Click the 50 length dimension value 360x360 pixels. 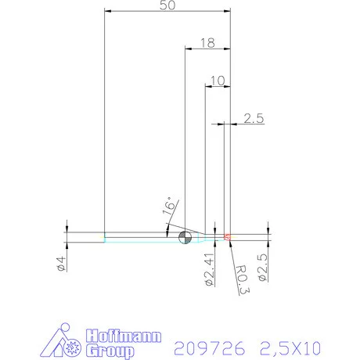coord(166,6)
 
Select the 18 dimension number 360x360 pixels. coord(207,43)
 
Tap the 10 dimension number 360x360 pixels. coord(218,80)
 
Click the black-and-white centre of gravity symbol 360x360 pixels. coord(185,237)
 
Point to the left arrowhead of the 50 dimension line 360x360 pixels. coord(108,12)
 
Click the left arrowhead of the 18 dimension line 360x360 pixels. coord(188,48)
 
